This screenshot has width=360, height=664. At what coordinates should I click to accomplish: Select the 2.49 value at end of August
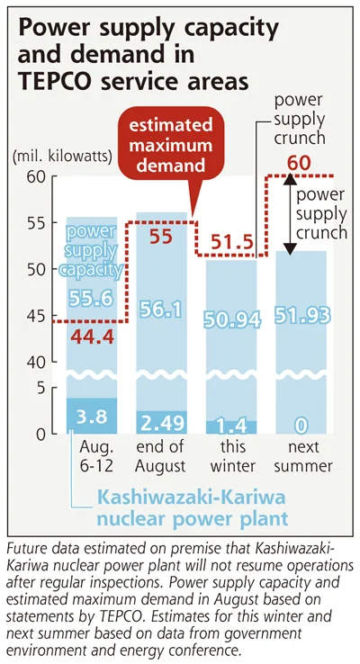[x=160, y=423]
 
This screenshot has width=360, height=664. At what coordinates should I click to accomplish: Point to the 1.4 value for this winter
[x=232, y=426]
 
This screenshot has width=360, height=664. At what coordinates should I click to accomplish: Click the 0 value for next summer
[x=301, y=426]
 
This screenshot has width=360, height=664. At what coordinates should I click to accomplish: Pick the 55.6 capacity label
[x=91, y=299]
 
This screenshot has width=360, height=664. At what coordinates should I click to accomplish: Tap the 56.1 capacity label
[x=160, y=310]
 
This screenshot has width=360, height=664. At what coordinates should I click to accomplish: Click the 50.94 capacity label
[x=231, y=320]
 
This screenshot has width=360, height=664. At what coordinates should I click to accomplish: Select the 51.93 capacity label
[x=302, y=316]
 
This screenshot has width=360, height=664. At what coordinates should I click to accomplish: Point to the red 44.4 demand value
[x=93, y=336]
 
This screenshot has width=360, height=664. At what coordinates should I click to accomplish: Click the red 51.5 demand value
[x=232, y=244]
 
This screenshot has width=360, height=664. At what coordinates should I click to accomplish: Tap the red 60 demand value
[x=299, y=163]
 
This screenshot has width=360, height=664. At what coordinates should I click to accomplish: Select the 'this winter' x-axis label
[x=232, y=456]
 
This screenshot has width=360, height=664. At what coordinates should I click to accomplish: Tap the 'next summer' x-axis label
[x=303, y=456]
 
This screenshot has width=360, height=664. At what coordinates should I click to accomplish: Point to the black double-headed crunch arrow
[x=290, y=215]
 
